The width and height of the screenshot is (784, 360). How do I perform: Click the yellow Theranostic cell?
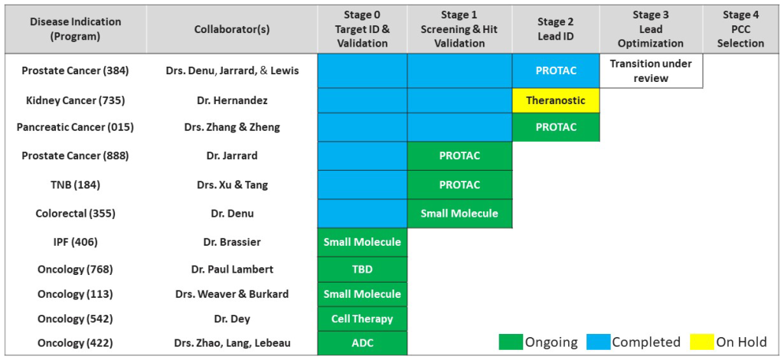click(x=556, y=100)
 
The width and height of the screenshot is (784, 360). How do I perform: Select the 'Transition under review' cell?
click(x=651, y=71)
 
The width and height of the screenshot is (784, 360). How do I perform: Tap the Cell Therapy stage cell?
click(x=362, y=318)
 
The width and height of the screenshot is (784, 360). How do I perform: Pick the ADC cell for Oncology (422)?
click(x=362, y=342)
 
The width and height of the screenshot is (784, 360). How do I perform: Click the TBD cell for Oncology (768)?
click(x=362, y=269)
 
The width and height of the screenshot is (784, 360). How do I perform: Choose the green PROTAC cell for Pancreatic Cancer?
click(x=556, y=127)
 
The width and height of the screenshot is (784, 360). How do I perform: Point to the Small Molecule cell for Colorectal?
click(x=459, y=214)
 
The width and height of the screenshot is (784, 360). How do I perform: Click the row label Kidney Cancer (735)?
click(x=76, y=100)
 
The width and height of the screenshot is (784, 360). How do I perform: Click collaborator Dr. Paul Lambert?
click(x=231, y=269)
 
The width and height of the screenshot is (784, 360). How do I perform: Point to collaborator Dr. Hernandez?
click(x=231, y=100)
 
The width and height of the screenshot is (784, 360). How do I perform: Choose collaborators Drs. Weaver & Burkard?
click(x=232, y=293)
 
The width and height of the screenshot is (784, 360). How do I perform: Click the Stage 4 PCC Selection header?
click(x=740, y=29)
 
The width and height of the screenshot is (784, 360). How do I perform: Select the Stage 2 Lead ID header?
click(x=556, y=29)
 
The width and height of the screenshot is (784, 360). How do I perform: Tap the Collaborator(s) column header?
click(x=231, y=29)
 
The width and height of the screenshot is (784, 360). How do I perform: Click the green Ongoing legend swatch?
click(x=510, y=342)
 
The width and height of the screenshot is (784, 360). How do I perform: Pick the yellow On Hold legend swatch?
click(x=701, y=342)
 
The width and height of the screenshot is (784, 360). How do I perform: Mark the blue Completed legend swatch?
click(x=599, y=342)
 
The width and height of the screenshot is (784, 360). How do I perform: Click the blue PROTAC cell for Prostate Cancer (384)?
click(x=556, y=71)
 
